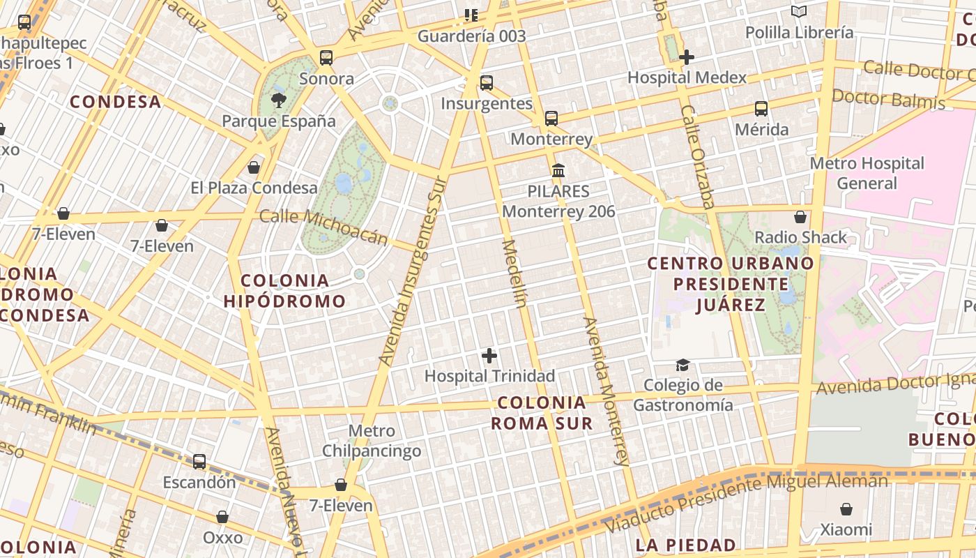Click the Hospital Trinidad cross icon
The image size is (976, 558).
point(489,356)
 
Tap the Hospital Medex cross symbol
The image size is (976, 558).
point(687,57)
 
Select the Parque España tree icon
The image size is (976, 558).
point(279,100)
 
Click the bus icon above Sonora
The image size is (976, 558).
point(326,58)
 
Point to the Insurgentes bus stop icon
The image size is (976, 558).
point(487,83)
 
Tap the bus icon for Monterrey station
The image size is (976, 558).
point(551,119)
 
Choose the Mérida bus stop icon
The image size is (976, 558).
point(761,109)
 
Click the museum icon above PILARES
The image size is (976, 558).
point(558,170)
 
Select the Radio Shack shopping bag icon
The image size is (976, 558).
point(800,217)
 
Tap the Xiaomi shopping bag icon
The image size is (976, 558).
point(846,509)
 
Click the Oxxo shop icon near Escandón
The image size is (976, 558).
point(222,517)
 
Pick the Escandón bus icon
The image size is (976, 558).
point(199,461)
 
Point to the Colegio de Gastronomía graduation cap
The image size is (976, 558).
point(683,365)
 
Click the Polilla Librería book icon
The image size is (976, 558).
point(798,12)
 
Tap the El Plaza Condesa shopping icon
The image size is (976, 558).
point(254,167)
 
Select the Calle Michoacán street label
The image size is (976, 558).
point(323,227)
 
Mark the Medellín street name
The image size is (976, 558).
point(514,273)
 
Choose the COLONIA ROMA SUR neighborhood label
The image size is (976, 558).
point(542,413)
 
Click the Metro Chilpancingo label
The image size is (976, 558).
point(372,441)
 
